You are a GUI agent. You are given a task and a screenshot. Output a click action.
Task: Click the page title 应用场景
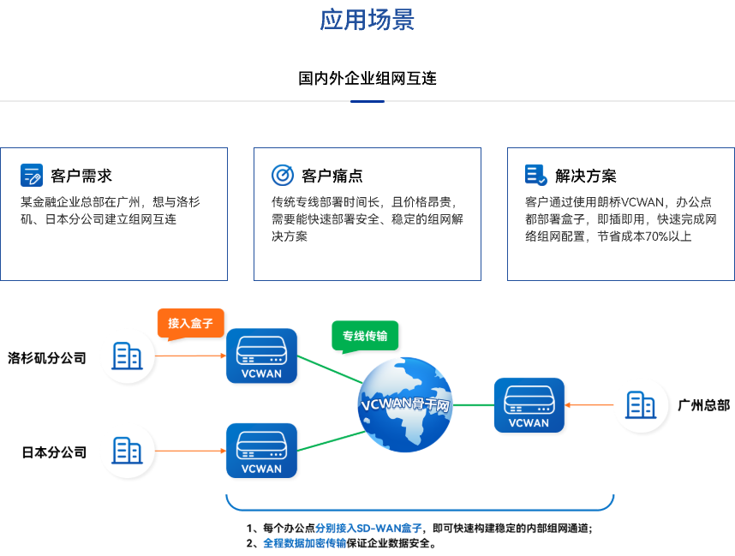367,20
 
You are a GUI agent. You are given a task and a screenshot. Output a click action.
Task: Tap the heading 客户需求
81,176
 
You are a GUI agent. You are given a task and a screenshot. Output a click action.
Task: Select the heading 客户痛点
332,176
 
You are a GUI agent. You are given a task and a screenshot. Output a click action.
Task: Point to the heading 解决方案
586,176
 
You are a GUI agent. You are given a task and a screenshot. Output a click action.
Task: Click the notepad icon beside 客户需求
32,175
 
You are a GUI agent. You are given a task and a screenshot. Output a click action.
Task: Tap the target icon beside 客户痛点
283,175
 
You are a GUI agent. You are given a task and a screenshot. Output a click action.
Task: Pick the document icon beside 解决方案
536,175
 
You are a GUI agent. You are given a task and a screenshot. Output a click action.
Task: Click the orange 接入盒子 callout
190,324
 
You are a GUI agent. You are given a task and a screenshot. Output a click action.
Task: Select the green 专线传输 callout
365,336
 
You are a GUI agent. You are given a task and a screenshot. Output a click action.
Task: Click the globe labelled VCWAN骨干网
405,404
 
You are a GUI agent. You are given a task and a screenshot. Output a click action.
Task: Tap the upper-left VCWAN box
261,356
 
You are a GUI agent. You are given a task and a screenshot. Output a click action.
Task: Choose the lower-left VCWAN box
261,450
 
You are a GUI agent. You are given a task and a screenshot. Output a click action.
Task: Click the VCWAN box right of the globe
529,404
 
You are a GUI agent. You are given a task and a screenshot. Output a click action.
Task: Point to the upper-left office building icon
127,356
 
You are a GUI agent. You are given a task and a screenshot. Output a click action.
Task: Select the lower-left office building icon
127,450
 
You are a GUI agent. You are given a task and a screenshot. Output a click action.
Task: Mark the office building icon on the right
641,404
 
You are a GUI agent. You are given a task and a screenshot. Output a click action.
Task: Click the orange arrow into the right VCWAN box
589,405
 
